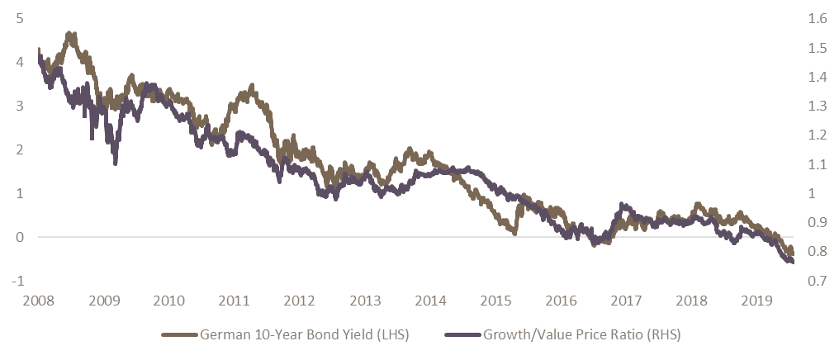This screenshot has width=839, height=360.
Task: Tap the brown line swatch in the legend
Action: [x=180, y=336]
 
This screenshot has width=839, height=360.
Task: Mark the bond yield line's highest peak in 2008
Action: [x=72, y=34]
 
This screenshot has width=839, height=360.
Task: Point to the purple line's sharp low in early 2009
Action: [x=115, y=163]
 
